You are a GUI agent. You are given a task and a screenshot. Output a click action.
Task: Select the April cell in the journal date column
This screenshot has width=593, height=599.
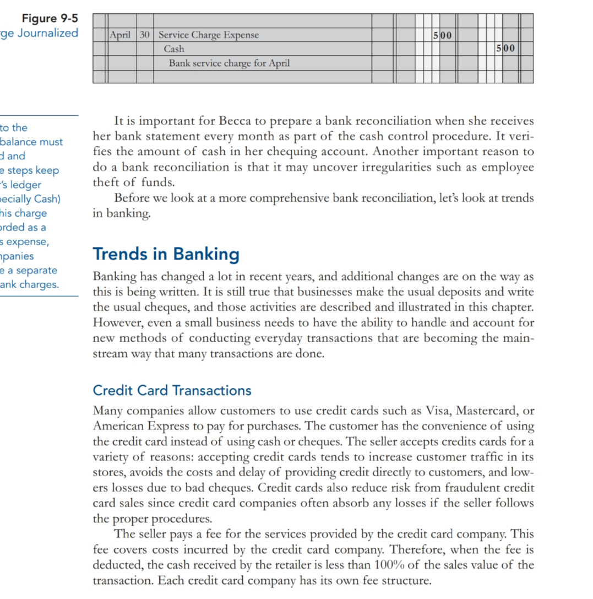pos(121,35)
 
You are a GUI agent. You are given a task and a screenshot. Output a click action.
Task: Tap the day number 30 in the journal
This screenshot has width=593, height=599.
pos(145,35)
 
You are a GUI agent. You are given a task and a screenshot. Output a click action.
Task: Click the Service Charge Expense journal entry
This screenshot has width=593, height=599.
pos(208,35)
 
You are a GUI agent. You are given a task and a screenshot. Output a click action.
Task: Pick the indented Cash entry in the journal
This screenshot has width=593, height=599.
pos(174,49)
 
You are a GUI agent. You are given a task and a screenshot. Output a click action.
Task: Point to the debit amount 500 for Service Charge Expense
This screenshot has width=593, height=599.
pos(442,35)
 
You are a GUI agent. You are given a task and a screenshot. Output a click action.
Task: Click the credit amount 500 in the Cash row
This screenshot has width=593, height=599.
pos(505,49)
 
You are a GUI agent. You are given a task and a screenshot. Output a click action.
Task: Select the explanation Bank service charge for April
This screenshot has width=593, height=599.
pos(229,63)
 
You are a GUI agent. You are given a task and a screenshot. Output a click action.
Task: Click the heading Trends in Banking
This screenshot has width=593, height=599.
pos(166,254)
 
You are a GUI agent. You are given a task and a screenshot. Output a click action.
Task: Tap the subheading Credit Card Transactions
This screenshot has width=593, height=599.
pos(172,391)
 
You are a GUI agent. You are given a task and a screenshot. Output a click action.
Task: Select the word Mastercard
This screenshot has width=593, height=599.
pos(483,411)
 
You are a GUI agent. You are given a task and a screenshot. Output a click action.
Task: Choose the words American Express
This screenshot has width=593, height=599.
pos(130,426)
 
